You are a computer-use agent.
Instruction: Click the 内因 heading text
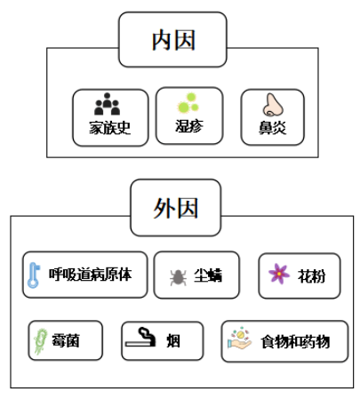[173, 40]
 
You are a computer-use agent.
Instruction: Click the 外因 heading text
[175, 208]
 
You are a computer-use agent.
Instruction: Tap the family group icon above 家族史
[107, 104]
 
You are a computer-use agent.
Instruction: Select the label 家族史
[110, 128]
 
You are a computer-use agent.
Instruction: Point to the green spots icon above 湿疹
[188, 103]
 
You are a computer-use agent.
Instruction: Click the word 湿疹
[189, 126]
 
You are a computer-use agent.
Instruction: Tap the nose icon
[273, 105]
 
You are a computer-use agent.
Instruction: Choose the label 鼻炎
[273, 128]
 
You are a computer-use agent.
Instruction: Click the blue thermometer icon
[34, 275]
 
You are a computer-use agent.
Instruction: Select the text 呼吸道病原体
[90, 275]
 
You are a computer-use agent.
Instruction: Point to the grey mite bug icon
[178, 277]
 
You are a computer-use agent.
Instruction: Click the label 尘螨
[208, 275]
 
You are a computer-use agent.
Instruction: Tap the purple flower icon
[279, 274]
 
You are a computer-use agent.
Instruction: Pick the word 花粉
[311, 276]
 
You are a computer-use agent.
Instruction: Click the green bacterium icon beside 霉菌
[41, 341]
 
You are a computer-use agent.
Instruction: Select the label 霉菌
[66, 340]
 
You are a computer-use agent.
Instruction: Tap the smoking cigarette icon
[140, 337]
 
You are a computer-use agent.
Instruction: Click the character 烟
[173, 341]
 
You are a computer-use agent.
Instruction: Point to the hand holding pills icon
[239, 339]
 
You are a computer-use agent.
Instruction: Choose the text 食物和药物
[295, 342]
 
